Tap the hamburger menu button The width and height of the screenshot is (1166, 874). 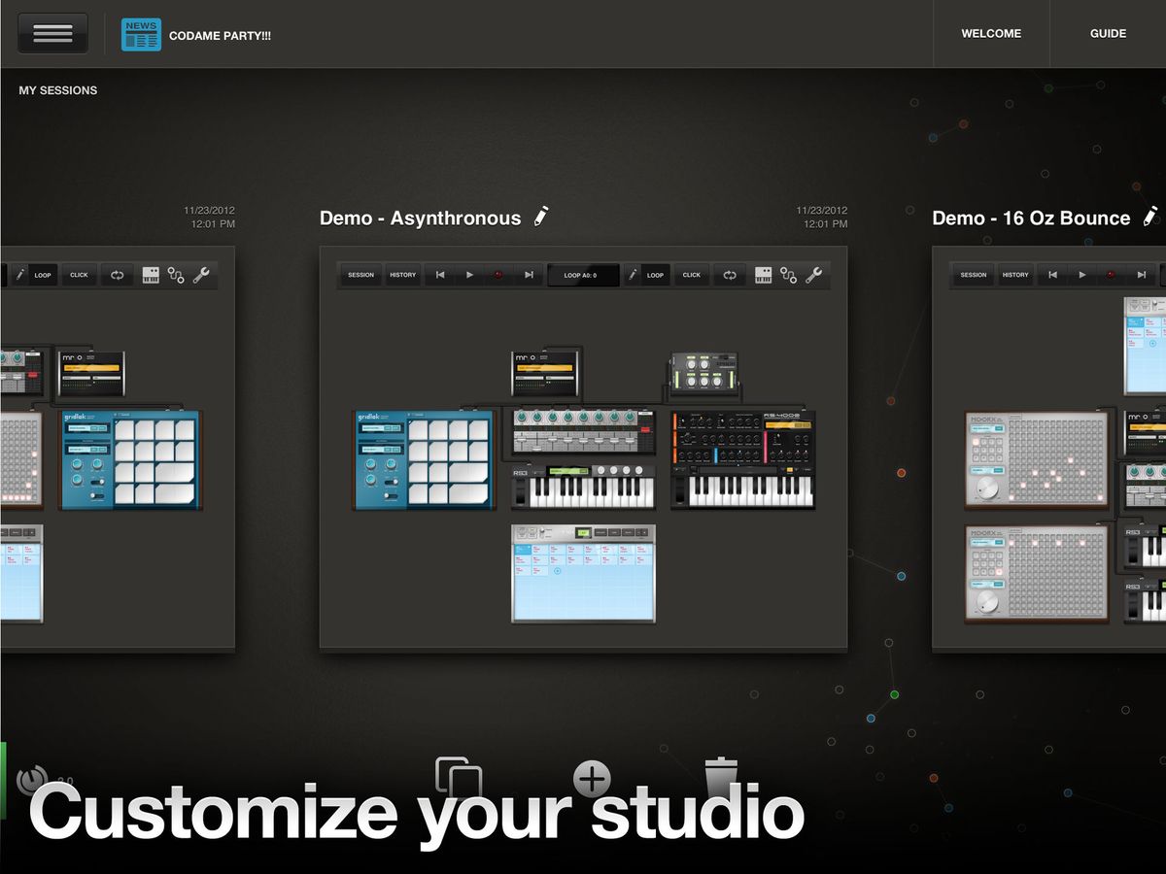(52, 33)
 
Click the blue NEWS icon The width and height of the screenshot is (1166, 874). (141, 34)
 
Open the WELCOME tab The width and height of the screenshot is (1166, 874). (991, 34)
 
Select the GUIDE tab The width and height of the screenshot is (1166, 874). (1108, 34)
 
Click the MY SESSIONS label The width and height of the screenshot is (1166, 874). (58, 90)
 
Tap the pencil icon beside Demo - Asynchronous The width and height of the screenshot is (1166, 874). (541, 217)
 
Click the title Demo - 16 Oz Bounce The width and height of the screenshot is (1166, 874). (1031, 218)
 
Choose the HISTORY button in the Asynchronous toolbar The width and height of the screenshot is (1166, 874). (402, 275)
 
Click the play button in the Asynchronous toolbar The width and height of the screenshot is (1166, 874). (469, 275)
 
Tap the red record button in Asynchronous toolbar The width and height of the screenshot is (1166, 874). (498, 275)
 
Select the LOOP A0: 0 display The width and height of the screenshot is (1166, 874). (582, 275)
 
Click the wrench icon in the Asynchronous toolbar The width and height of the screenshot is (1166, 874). (814, 275)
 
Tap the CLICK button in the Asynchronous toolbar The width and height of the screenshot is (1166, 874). (691, 275)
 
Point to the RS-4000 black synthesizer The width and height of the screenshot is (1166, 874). (742, 458)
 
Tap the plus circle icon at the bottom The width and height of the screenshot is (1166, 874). (592, 778)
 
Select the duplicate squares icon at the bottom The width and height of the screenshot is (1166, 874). (459, 777)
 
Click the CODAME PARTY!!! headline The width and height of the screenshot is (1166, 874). (220, 35)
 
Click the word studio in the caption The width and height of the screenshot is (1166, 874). (697, 814)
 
